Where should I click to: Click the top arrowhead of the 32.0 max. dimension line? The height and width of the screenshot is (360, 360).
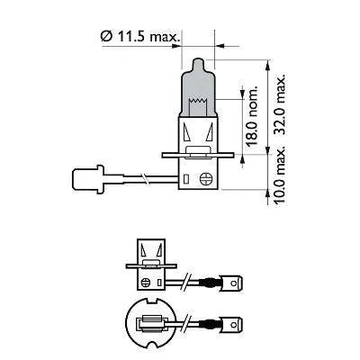click(271, 64)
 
